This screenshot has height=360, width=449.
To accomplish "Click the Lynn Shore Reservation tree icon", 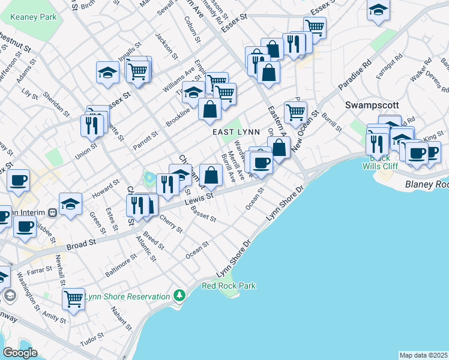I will [x=178, y=296].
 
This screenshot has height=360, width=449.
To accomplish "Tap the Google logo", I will [x=20, y=353].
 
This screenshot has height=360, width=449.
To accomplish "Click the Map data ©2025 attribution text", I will [x=423, y=355].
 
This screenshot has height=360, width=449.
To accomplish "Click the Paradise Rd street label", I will [x=355, y=74].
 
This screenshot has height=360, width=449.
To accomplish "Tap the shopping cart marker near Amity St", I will [x=73, y=298].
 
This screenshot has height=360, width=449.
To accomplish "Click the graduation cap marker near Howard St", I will [x=70, y=203].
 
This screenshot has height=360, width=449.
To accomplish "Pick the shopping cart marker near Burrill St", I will [x=295, y=112].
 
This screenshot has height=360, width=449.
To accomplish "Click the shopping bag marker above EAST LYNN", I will [x=209, y=109].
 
